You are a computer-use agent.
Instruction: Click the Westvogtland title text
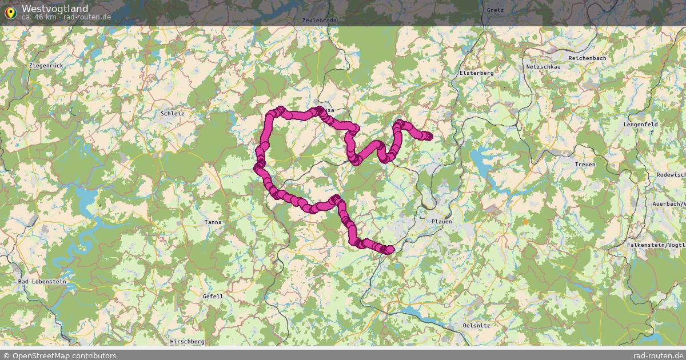coord(55,9)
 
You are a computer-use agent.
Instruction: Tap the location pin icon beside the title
coord(10,12)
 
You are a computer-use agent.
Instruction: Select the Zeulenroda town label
coord(320,21)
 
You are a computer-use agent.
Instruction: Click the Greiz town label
coord(495,10)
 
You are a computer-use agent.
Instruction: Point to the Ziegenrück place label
coord(46,66)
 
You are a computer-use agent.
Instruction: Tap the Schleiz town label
coord(172,113)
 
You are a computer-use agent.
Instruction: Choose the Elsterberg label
coord(476,73)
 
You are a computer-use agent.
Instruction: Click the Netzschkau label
coord(544,66)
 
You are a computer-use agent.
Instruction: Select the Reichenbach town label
coord(587,58)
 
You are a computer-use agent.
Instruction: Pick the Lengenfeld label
coord(640,124)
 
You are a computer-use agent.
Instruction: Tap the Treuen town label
coord(585,165)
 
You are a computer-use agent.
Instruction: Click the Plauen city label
coord(441,221)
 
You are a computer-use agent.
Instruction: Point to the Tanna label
coord(213,222)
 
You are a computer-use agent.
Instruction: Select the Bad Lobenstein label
coord(42,282)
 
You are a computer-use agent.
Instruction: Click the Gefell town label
coord(213,297)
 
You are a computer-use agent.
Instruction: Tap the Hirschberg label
coord(187,341)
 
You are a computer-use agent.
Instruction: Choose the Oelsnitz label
coord(476,325)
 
